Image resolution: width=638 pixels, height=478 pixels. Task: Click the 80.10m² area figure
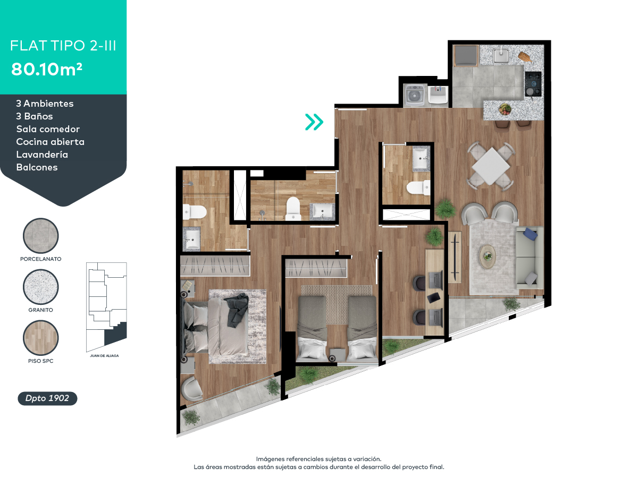(x=46, y=69)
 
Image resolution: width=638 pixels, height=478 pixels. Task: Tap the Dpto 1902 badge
(x=47, y=398)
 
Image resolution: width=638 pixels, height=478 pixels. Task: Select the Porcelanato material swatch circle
(x=41, y=236)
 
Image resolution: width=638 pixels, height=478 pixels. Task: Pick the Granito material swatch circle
(x=41, y=287)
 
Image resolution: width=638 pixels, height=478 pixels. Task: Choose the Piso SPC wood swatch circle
(x=41, y=338)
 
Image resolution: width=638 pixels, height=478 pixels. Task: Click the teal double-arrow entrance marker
(x=314, y=122)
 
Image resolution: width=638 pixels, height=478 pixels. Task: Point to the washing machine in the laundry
(x=415, y=95)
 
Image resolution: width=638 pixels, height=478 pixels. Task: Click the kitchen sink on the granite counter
(x=500, y=56)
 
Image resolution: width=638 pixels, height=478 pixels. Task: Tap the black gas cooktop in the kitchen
(x=533, y=84)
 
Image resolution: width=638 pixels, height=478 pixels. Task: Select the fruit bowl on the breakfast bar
(x=505, y=109)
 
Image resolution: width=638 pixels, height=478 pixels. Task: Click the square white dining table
(x=491, y=166)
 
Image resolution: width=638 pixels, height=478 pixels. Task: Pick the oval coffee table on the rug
(x=488, y=257)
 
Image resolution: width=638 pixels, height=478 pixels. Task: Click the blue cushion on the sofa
(x=531, y=234)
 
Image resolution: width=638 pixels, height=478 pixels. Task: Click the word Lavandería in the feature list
(x=42, y=155)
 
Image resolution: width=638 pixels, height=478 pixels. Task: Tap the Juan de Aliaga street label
(x=104, y=355)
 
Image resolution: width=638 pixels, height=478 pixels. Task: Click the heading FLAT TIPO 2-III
(x=63, y=46)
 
